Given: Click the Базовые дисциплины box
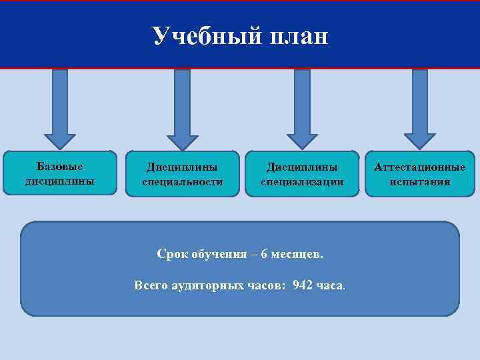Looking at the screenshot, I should tap(60, 173).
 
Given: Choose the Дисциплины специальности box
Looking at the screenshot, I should tap(182, 173).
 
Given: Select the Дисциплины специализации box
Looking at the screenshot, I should tap(302, 173).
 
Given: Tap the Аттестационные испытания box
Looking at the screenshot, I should tap(420, 173).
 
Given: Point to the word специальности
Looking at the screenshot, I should tap(182, 181).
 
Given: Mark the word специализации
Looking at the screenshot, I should tap(302, 181).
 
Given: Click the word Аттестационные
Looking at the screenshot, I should tap(420, 167).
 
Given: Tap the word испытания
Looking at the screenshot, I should tap(420, 181).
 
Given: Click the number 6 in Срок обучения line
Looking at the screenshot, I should tap(265, 254).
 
